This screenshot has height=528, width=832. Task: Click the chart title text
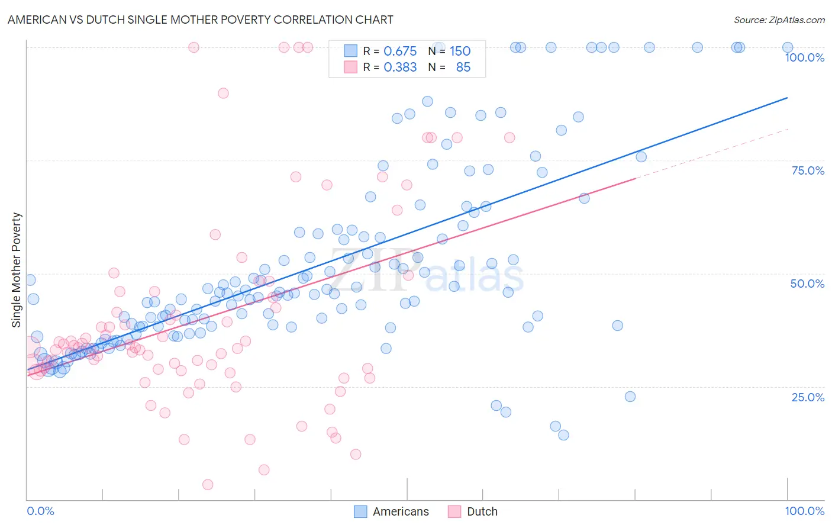pyautogui.click(x=200, y=20)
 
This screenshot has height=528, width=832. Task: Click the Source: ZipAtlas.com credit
pyautogui.click(x=779, y=20)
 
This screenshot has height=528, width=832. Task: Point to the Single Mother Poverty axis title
pyautogui.click(x=17, y=270)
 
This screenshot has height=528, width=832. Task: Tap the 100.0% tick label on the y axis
pyautogui.click(x=804, y=57)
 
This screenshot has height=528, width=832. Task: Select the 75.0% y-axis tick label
pyautogui.click(x=808, y=170)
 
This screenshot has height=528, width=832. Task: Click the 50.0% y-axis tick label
pyautogui.click(x=807, y=284)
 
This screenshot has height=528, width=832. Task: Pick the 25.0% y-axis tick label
pyautogui.click(x=808, y=397)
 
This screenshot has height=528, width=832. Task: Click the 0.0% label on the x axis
pyautogui.click(x=40, y=511)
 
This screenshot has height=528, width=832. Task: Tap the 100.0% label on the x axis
pyautogui.click(x=804, y=511)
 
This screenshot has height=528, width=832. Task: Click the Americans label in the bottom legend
pyautogui.click(x=401, y=511)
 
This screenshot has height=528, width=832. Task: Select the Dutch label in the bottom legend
pyautogui.click(x=482, y=511)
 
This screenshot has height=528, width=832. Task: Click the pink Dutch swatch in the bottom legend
pyautogui.click(x=454, y=511)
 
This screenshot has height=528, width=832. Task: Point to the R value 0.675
pyautogui.click(x=400, y=51)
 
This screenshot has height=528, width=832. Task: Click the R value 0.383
pyautogui.click(x=400, y=67)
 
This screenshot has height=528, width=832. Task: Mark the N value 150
pyautogui.click(x=460, y=51)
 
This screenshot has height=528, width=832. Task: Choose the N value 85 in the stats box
pyautogui.click(x=463, y=67)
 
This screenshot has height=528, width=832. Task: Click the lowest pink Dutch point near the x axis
pyautogui.click(x=208, y=485)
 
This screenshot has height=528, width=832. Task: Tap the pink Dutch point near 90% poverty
pyautogui.click(x=223, y=93)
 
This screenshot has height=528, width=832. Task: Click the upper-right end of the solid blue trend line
pyautogui.click(x=787, y=98)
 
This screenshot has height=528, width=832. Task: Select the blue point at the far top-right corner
pyautogui.click(x=788, y=47)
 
